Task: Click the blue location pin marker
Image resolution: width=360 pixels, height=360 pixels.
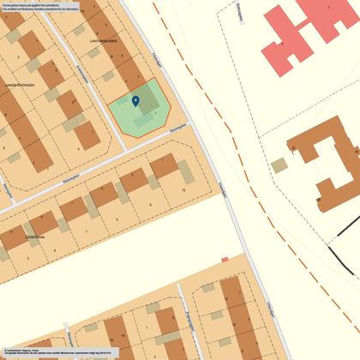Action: (135, 101)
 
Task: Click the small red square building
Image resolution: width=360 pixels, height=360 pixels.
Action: (225, 259)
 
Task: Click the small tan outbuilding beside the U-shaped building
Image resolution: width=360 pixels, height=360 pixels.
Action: (279, 165)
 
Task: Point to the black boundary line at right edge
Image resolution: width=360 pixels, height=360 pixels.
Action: (343, 249)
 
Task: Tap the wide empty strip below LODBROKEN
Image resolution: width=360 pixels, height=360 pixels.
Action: (111, 257)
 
